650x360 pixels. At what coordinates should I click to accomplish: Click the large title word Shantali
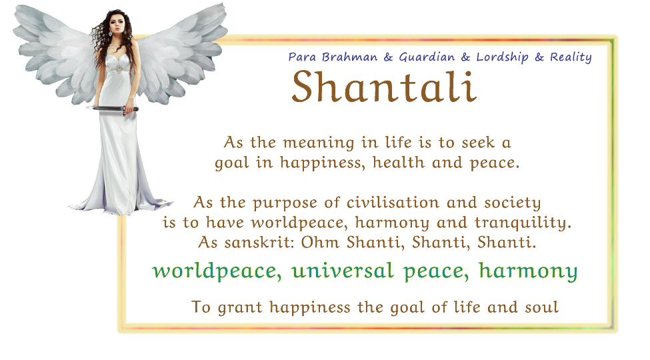pos(384,87)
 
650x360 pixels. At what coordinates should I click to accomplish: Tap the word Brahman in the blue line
pos(349,57)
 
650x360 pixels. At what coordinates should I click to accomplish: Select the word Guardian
pos(427,57)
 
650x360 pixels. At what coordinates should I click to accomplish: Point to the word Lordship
pos(502,57)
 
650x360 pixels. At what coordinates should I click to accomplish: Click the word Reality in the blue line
pos(571,57)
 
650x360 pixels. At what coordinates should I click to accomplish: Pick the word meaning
pos(319,143)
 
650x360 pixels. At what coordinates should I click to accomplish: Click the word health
pos(399,162)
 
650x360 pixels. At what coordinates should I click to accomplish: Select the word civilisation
pos(393,203)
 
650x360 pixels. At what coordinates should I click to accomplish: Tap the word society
pos(513,203)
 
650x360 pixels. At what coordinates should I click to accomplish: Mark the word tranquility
pos(523,223)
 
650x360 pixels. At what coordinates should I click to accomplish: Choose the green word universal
pos(343,271)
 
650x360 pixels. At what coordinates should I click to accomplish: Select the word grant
pos(240,308)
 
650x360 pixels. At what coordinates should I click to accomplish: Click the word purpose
pos(285,203)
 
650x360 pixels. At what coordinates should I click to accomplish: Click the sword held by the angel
pos(113,109)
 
